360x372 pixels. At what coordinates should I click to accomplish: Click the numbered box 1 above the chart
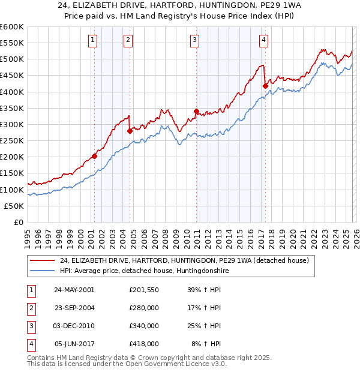94,40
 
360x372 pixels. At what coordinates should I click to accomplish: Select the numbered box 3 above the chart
195,40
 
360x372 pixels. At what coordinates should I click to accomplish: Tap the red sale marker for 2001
94,157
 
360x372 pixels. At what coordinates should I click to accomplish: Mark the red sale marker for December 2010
196,111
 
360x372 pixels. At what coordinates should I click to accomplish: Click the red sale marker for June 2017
265,86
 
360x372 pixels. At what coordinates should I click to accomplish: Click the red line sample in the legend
43,260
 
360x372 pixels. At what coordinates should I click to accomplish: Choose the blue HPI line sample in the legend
43,271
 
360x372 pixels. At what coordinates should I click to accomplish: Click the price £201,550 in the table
144,289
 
